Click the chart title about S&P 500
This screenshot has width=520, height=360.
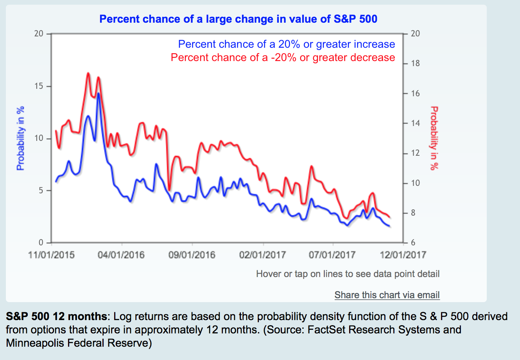[x=238, y=19]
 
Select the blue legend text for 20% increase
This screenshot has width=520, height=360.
[x=286, y=44]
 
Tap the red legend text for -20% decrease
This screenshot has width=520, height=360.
[x=283, y=58]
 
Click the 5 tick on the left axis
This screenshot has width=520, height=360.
[x=41, y=191]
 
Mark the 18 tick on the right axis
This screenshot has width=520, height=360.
[x=415, y=63]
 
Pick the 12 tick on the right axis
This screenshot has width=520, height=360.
[x=415, y=153]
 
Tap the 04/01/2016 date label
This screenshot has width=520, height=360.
[x=121, y=255]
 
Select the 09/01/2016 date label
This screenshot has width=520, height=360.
[x=192, y=255]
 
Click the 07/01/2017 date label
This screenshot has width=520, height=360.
[x=332, y=255]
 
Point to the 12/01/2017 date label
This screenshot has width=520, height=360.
[x=403, y=255]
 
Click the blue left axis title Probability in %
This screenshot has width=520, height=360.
[x=20, y=138]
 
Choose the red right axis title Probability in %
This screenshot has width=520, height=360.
[x=434, y=138]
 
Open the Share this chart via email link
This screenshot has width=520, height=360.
[x=387, y=295]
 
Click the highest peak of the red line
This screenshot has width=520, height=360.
[x=88, y=73]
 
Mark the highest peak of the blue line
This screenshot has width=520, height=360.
[x=99, y=94]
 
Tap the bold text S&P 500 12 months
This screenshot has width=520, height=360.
[x=56, y=316]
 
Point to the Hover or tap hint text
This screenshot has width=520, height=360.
[x=348, y=274]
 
